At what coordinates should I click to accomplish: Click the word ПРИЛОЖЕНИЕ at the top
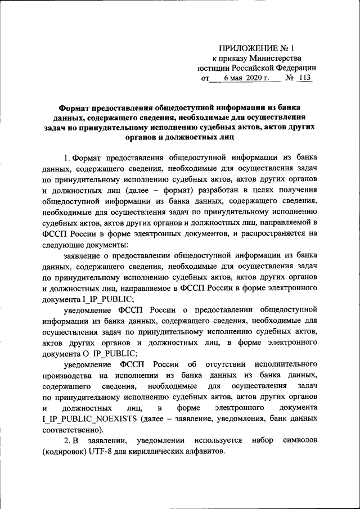(x=246, y=48)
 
